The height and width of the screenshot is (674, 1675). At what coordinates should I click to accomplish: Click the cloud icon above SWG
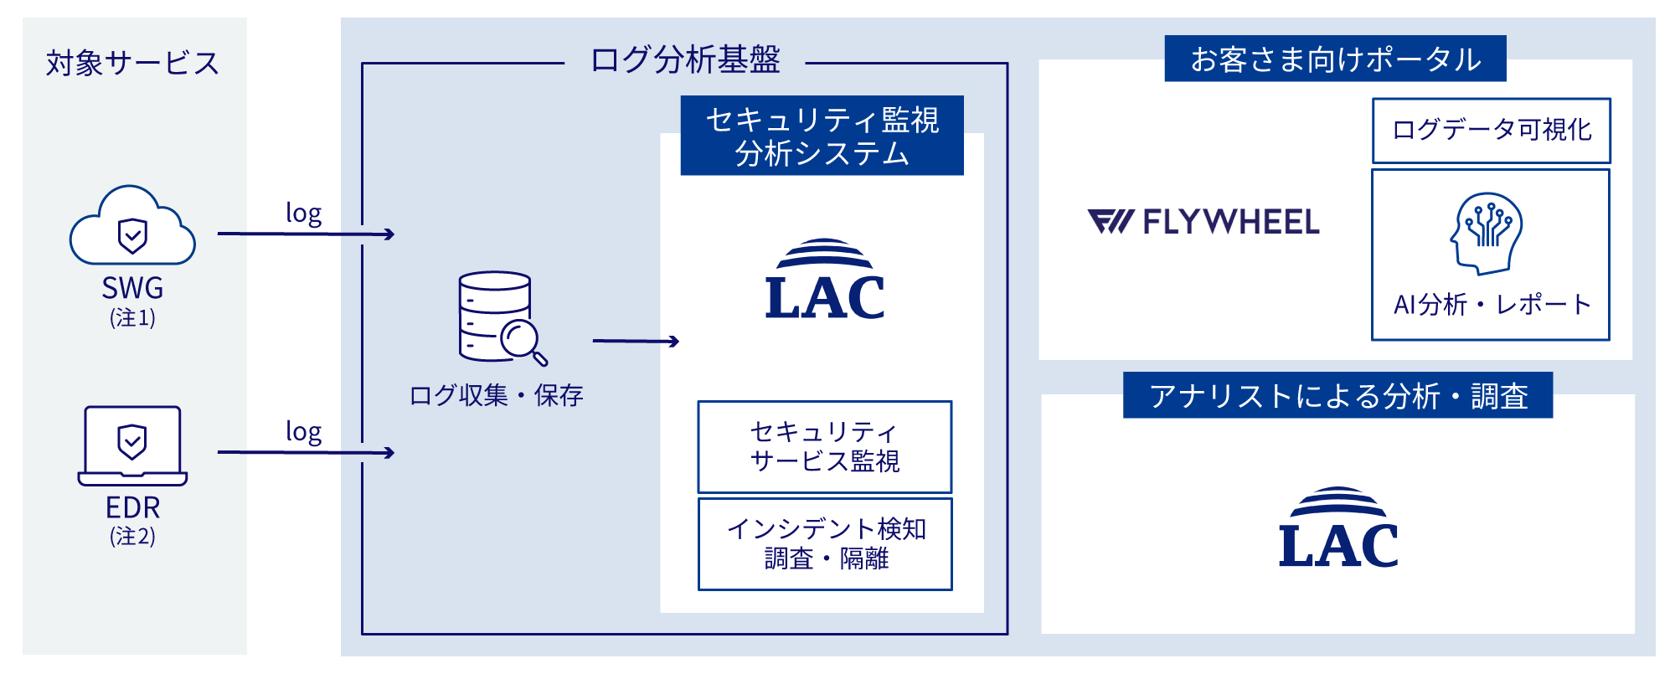pos(132,227)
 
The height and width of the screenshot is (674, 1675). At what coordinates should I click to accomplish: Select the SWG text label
pos(132,288)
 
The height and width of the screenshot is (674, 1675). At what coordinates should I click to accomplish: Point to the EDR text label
pos(132,507)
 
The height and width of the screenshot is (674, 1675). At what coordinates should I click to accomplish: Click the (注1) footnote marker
pos(132,317)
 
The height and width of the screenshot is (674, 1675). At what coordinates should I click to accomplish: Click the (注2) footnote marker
pos(132,536)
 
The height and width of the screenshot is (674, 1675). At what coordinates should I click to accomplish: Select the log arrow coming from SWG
pos(306,234)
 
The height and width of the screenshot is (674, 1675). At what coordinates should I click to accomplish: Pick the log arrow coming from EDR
pos(306,452)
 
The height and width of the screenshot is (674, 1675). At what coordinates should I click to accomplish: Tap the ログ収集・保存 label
pos(496,395)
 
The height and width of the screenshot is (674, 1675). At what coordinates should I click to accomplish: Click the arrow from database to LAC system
pos(635,341)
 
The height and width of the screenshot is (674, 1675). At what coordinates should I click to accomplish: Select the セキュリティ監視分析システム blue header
pos(822,136)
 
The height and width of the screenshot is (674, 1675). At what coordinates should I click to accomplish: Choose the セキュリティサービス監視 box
pos(824,446)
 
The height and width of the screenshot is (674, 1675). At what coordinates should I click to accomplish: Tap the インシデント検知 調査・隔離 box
pos(825,543)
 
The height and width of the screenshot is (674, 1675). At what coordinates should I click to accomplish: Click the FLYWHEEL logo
pos(1203,222)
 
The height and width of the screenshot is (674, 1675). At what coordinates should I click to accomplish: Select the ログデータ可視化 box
pos(1491,130)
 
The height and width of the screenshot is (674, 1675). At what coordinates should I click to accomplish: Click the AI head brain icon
pos(1487,234)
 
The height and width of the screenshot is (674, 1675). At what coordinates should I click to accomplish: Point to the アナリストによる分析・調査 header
pos(1337,395)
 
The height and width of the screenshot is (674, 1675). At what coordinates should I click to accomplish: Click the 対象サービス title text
pos(132,63)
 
